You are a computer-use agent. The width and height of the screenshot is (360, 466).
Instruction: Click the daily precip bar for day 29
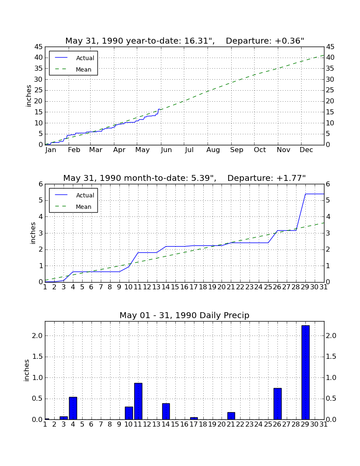click(305, 372)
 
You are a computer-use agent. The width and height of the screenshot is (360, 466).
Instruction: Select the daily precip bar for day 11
click(138, 401)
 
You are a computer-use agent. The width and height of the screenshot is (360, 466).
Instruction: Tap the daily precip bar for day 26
click(277, 404)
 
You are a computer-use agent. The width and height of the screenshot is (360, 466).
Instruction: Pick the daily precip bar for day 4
click(73, 408)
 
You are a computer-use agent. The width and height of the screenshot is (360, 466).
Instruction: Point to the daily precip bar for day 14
click(166, 411)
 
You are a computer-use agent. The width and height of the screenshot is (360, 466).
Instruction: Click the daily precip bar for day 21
click(231, 416)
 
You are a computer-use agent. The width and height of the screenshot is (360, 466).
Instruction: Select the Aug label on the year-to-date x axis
click(213, 150)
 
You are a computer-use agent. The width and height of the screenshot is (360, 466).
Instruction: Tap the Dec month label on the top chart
click(306, 150)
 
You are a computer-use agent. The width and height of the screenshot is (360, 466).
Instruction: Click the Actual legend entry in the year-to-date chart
click(73, 58)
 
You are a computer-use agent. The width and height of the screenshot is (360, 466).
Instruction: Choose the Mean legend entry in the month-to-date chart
click(73, 207)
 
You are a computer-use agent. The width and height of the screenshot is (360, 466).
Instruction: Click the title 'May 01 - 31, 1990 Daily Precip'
click(185, 315)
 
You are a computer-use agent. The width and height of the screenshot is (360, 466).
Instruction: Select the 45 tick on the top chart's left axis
click(39, 47)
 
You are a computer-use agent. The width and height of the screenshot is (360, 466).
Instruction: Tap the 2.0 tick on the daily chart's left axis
click(37, 336)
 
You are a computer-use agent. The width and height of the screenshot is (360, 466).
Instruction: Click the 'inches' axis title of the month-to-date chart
click(33, 233)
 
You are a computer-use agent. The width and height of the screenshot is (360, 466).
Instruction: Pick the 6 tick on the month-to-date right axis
click(328, 184)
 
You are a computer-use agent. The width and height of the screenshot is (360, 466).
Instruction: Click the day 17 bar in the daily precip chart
click(194, 418)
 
